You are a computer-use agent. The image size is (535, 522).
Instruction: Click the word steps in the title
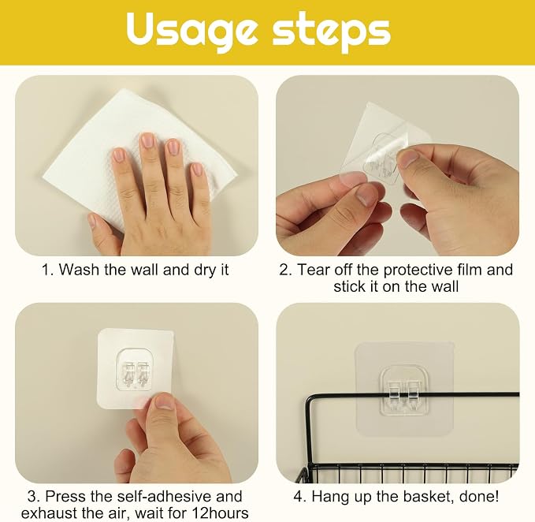pos(331,32)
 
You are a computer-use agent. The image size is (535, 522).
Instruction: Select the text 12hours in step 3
pos(221,513)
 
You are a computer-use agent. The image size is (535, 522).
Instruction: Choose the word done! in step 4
pos(479,497)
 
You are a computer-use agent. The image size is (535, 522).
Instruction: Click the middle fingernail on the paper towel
pos(148,140)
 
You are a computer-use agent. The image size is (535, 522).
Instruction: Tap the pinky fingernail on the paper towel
pos(197,170)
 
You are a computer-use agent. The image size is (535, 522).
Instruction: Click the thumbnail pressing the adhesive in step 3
pos(165,402)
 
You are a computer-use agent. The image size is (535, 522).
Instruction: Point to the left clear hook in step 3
pos(128,373)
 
